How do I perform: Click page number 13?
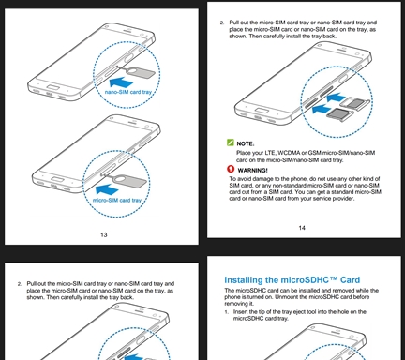click(x=104, y=234)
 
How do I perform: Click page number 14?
click(x=302, y=228)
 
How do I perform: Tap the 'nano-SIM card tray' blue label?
click(x=128, y=92)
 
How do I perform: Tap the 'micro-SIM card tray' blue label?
click(x=117, y=201)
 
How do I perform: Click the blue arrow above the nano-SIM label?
click(x=121, y=82)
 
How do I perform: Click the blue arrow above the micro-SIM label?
click(x=107, y=189)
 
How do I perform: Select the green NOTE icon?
click(x=231, y=142)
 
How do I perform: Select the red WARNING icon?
click(x=231, y=169)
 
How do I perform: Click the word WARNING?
click(x=252, y=171)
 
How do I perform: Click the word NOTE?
click(x=246, y=143)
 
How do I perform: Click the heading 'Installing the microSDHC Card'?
click(x=292, y=279)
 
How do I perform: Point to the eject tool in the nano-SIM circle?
click(x=137, y=72)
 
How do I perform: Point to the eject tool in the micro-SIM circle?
click(x=126, y=180)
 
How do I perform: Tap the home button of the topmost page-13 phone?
click(x=53, y=86)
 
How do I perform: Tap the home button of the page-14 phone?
click(x=262, y=111)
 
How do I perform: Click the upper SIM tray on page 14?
click(x=354, y=102)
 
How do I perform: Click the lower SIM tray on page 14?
click(x=339, y=113)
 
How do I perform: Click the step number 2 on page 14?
click(x=222, y=22)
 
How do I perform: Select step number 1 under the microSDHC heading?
click(x=227, y=312)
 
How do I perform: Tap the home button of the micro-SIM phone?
click(x=58, y=179)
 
